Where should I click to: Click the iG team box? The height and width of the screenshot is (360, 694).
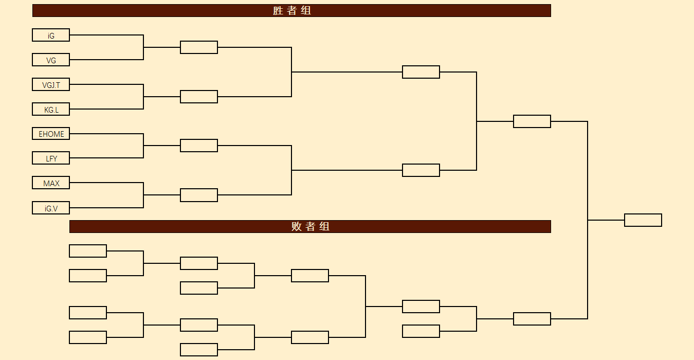coord(51,35)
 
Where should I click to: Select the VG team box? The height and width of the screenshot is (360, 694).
coord(51,60)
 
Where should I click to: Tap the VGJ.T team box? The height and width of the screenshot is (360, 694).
coord(51,85)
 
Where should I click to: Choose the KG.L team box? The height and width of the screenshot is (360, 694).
coord(51,110)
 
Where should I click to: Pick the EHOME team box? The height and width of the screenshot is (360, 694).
coord(51,134)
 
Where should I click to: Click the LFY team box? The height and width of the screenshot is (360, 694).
coord(51,158)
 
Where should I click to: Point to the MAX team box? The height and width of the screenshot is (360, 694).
coord(51,183)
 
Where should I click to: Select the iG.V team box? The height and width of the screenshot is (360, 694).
coord(51,208)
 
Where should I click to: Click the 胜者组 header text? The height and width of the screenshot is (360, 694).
coord(292,10)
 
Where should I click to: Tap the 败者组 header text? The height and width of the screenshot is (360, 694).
coord(310,226)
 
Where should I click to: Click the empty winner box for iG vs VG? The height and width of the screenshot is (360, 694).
coord(199,47)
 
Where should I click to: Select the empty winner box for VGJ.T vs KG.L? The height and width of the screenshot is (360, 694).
coord(199,97)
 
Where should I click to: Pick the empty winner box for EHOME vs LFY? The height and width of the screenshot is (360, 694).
coord(199,146)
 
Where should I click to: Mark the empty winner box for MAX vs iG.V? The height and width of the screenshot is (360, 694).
coord(199,195)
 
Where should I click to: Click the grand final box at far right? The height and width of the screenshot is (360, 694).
coord(643,220)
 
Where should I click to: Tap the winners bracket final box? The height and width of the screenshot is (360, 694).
coord(532,121)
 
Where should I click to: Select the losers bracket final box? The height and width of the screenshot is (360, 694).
coord(532,319)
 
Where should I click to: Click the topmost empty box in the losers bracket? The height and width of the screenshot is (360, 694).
coord(88,251)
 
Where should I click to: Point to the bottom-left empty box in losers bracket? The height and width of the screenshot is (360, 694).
coord(88,337)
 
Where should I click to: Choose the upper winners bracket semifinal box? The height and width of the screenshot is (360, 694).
coord(421,72)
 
